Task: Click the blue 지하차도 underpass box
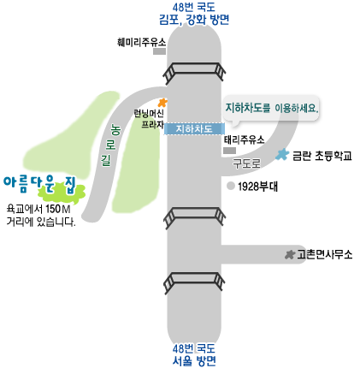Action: point(194,128)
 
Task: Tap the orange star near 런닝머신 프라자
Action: point(162,103)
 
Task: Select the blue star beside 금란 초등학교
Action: point(282,154)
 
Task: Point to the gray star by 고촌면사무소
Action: point(290,254)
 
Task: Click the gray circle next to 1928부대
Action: point(231,186)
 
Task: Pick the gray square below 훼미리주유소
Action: point(159,51)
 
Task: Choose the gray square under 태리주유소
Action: point(229,151)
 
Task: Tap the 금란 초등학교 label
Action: point(322,156)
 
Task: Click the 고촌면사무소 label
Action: point(325,254)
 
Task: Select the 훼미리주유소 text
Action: point(141,42)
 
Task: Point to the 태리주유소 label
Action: point(244,139)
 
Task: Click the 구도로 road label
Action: point(247,163)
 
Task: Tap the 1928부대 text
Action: point(257,187)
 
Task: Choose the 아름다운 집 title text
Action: point(40,184)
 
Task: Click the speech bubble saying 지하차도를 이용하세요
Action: point(271,110)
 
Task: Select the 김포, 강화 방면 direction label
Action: point(194,20)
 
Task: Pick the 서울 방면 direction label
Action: point(194,361)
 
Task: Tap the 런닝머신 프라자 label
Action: point(149,119)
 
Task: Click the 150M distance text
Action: point(58,209)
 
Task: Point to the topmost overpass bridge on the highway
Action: point(194,70)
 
